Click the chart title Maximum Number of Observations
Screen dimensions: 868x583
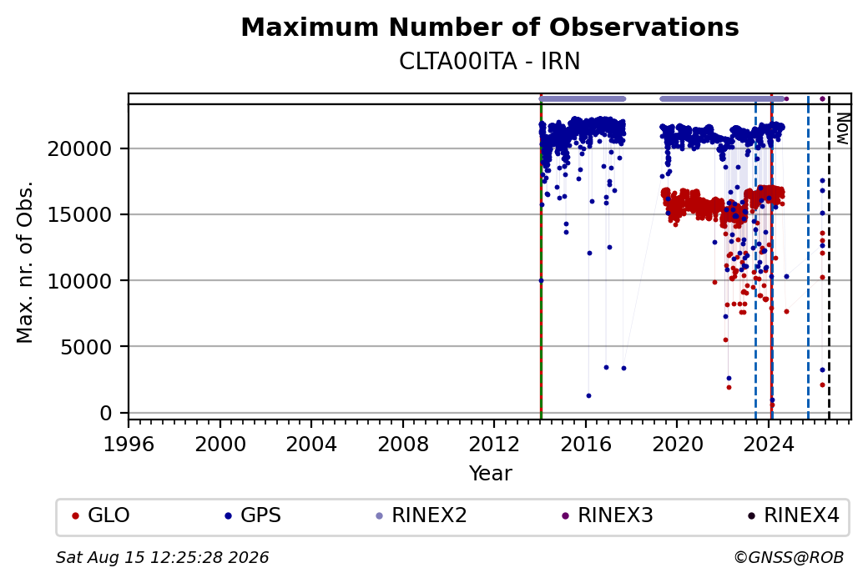pos(490,27)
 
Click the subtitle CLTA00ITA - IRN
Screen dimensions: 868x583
pos(489,62)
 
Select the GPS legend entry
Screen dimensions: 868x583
pos(253,515)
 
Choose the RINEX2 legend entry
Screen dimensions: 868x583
pos(421,515)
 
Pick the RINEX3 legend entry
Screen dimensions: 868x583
pos(608,515)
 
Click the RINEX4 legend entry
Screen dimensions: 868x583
pos(793,515)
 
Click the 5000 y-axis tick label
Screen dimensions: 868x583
pos(86,347)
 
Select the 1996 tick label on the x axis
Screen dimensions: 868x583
pos(129,445)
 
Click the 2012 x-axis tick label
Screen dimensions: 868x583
pos(494,445)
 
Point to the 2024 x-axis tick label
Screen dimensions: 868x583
pos(769,445)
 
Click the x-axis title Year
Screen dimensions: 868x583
pos(491,474)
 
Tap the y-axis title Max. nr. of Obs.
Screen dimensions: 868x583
pos(25,262)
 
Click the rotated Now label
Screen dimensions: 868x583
pos(842,129)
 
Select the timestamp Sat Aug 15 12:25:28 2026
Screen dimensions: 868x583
pos(162,557)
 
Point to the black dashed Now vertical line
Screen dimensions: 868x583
pos(829,259)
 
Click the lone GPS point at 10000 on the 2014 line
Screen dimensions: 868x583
pos(541,281)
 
